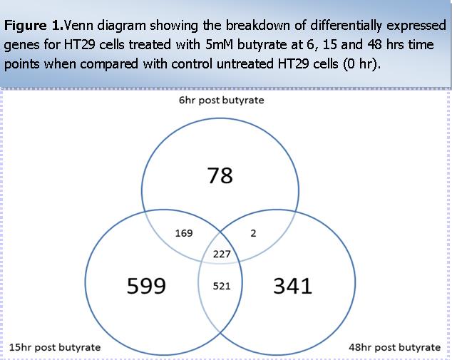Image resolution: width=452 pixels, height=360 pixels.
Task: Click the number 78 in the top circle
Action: point(220,175)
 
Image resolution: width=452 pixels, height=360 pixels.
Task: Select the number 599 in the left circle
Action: point(146,286)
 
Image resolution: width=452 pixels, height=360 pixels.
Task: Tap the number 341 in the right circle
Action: point(293,286)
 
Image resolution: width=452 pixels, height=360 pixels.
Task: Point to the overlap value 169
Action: point(184,233)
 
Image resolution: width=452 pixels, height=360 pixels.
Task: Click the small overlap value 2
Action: point(253,233)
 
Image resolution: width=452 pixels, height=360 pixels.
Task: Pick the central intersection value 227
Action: point(222,254)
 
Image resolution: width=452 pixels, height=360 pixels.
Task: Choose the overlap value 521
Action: point(222,286)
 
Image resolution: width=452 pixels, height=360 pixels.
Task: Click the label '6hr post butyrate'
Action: point(221,101)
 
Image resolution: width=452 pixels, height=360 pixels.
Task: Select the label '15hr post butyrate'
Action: point(54,347)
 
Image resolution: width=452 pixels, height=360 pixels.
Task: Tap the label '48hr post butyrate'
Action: point(394,347)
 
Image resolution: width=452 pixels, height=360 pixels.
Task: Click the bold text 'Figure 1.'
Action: point(33,26)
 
